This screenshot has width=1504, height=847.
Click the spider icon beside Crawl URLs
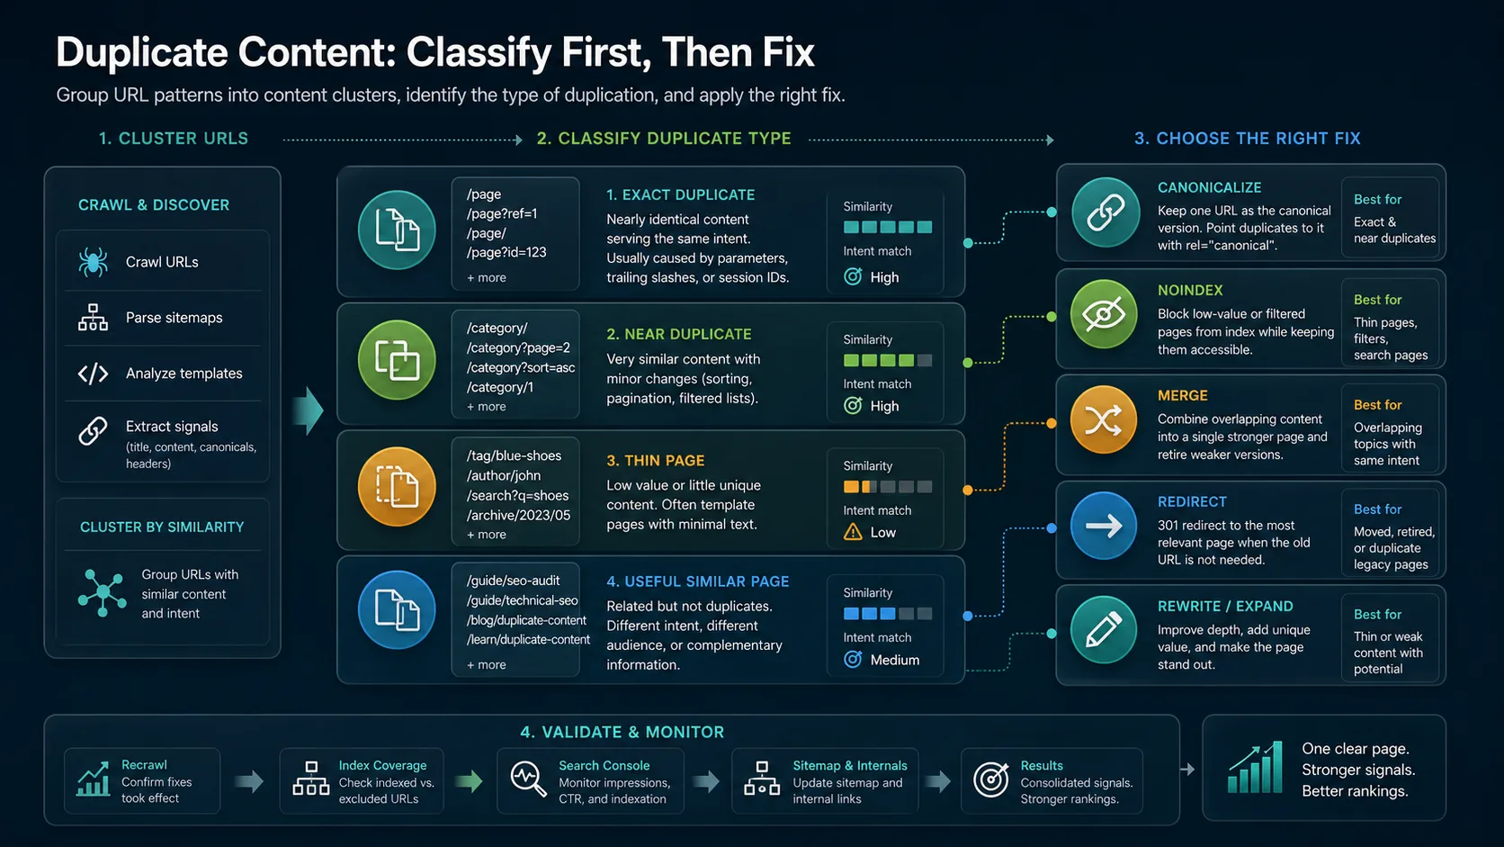click(x=93, y=262)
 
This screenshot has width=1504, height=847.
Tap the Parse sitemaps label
click(x=174, y=318)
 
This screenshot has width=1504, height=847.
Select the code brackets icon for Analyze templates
click(x=93, y=374)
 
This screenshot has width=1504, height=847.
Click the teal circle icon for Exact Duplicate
click(x=397, y=230)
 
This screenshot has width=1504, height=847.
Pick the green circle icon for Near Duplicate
click(x=397, y=360)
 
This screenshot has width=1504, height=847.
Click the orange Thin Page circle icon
click(x=397, y=486)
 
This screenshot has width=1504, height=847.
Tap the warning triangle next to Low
click(x=853, y=532)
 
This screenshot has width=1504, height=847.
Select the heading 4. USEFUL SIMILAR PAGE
click(x=698, y=581)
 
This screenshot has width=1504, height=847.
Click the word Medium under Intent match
click(x=895, y=661)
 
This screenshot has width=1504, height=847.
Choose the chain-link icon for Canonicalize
click(x=1106, y=212)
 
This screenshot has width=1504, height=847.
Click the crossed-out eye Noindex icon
click(x=1104, y=313)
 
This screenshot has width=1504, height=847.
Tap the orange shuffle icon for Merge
click(x=1104, y=419)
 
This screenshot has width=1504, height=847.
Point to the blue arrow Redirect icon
click(x=1104, y=526)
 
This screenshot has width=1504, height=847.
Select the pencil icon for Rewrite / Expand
click(x=1104, y=630)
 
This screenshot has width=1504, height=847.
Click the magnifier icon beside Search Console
click(x=528, y=779)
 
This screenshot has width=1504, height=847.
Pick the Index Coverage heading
click(x=382, y=765)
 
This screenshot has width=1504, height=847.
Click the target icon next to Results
click(x=991, y=779)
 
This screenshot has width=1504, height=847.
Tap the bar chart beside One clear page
click(x=1255, y=768)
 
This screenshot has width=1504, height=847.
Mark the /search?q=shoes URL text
click(x=517, y=496)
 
